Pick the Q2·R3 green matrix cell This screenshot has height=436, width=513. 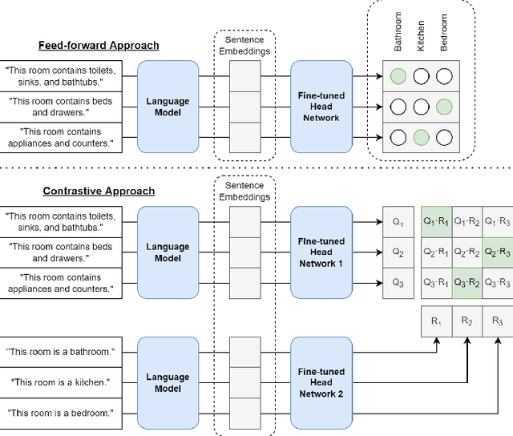pos(498,252)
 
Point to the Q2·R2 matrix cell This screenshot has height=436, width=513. pos(467,252)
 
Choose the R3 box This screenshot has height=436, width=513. pos(498,321)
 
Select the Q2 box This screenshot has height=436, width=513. pos(398,252)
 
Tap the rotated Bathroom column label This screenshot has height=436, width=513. pos(398,32)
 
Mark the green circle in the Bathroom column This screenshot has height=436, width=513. pos(398,78)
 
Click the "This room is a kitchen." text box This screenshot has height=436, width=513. pos(60,382)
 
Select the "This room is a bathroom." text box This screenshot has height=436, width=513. pos(60,352)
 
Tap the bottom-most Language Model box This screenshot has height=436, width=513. pos(168,382)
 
